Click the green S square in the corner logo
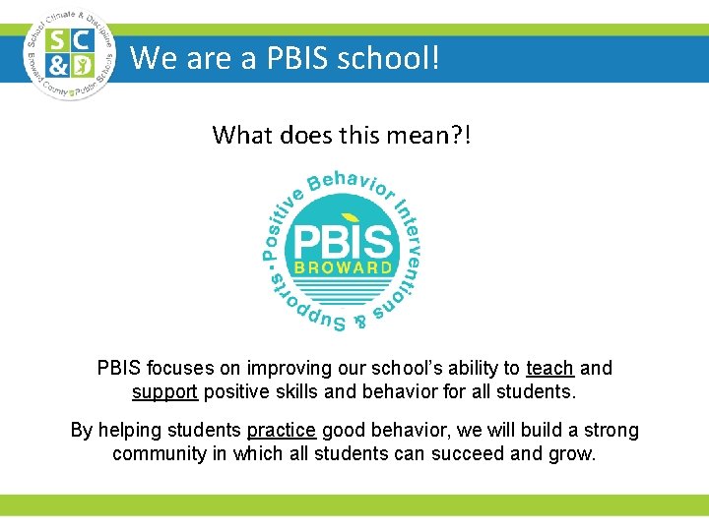pyautogui.click(x=58, y=40)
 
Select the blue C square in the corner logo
pyautogui.click(x=83, y=40)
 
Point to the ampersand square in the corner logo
pyautogui.click(x=58, y=66)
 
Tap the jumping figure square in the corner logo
pyautogui.click(x=83, y=66)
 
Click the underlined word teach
pyautogui.click(x=550, y=369)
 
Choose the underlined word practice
pyautogui.click(x=282, y=431)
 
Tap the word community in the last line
pyautogui.click(x=158, y=454)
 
